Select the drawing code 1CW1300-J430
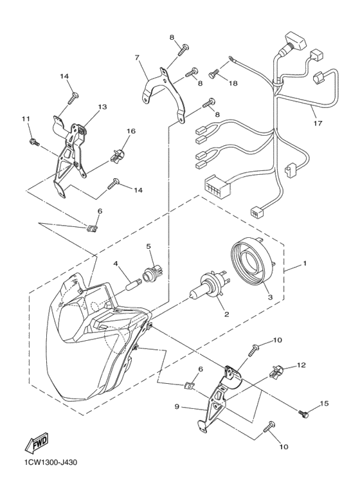pos(51,462)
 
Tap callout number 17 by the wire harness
pos(318,123)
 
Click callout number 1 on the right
pos(305,263)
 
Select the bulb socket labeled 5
pos(151,273)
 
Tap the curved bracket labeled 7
pos(163,94)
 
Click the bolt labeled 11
pos(34,141)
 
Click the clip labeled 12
pos(275,371)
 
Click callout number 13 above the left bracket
pos(102,107)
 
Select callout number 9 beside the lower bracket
pos(177,406)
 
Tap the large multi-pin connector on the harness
pos(217,186)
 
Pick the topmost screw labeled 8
pos(183,50)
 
